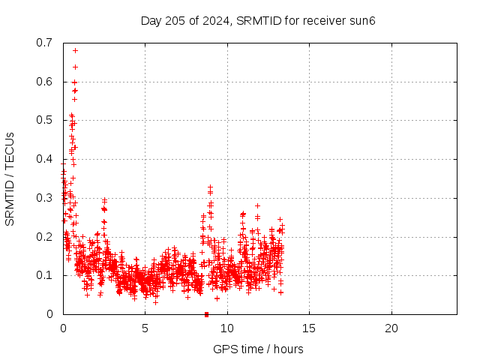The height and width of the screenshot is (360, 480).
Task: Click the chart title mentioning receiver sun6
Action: (x=258, y=20)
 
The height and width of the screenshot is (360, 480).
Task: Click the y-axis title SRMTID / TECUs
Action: (x=10, y=178)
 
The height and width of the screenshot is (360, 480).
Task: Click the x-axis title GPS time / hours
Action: (x=258, y=349)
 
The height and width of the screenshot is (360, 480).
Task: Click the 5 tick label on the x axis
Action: (x=145, y=328)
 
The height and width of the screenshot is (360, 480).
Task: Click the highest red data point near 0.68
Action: (x=75, y=50)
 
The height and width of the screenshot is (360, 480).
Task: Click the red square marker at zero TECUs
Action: (x=206, y=313)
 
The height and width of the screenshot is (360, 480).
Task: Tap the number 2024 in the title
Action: (x=212, y=20)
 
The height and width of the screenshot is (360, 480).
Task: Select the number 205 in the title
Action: (x=174, y=20)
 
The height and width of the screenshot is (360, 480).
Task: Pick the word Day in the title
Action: (x=151, y=20)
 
